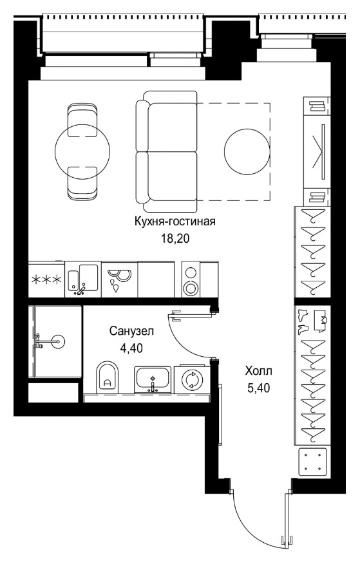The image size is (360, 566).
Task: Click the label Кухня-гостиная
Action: pos(175,222)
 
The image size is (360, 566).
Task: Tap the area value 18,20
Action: pos(175,238)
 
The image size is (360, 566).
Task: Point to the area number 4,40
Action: pos(131,348)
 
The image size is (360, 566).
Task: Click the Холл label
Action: pos(258,371)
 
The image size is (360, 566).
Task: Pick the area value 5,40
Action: pos(258,388)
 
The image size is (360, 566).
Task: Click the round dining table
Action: pos(82,151)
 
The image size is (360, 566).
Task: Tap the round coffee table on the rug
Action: pos(247,151)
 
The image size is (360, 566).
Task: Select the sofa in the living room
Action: pos(166,151)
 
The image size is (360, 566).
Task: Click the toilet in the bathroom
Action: pos(108,376)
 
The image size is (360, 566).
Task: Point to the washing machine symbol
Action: pos(192,379)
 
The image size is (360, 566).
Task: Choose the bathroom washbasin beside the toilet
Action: pos(153,379)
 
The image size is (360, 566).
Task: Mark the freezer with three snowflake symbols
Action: pos(46,279)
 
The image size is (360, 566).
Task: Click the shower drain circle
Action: pos(57,341)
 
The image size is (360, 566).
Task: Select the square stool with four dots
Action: pos(312,461)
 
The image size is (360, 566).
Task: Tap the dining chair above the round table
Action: pos(82,120)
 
